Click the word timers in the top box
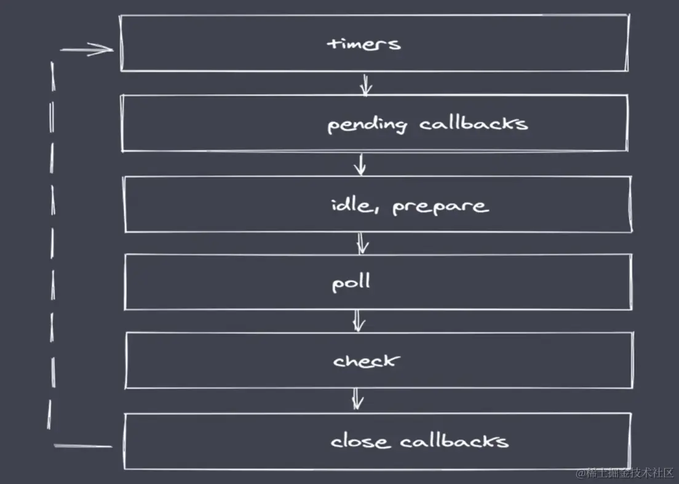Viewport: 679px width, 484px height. click(363, 44)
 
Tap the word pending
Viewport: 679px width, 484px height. click(367, 125)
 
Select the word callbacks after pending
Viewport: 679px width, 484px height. click(474, 123)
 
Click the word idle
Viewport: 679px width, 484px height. click(352, 205)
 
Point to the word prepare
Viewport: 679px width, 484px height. click(441, 207)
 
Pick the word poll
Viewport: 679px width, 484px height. click(351, 283)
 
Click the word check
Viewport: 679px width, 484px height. click(367, 361)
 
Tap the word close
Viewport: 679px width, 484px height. click(360, 442)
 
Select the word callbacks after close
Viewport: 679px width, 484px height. click(454, 441)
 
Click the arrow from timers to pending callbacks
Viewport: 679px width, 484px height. click(366, 84)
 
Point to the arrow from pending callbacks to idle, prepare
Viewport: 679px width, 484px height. click(360, 165)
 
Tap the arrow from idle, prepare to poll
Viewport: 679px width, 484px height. click(363, 243)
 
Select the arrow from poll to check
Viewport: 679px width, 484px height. click(358, 321)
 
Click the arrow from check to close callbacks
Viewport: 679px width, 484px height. click(357, 399)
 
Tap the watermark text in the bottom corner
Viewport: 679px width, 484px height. click(625, 473)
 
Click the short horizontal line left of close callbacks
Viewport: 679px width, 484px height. click(82, 445)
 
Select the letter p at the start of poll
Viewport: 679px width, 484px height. click(337, 285)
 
